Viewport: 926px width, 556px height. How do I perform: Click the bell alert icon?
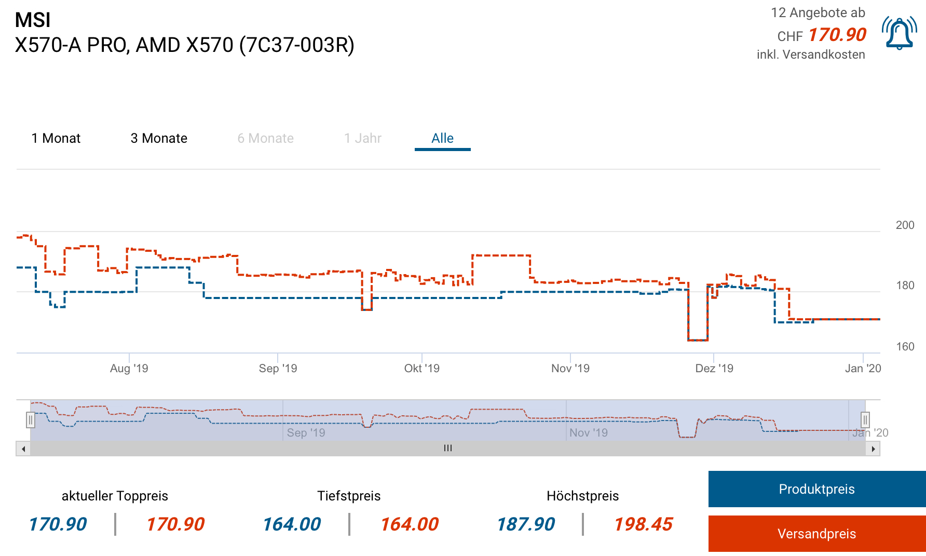pyautogui.click(x=899, y=33)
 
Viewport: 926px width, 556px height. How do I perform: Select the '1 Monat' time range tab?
pyautogui.click(x=56, y=139)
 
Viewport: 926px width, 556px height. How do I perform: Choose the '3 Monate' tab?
pyautogui.click(x=159, y=139)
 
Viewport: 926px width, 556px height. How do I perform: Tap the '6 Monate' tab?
pyautogui.click(x=265, y=139)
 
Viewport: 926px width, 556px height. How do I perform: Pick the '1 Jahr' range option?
pyautogui.click(x=362, y=139)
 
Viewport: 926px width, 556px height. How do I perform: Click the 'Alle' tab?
pyautogui.click(x=442, y=139)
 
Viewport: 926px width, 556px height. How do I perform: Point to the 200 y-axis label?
pyautogui.click(x=905, y=225)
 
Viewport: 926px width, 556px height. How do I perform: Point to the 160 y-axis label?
pyautogui.click(x=905, y=347)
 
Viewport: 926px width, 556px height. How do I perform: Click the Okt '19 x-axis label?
pyautogui.click(x=421, y=369)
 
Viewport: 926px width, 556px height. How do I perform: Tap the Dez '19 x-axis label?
pyautogui.click(x=714, y=369)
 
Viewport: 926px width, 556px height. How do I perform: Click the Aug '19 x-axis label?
pyautogui.click(x=129, y=369)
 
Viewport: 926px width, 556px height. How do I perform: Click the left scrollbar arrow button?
pyautogui.click(x=23, y=449)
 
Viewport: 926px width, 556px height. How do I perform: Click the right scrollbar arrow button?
pyautogui.click(x=873, y=449)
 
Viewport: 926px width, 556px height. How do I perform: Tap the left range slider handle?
pyautogui.click(x=31, y=419)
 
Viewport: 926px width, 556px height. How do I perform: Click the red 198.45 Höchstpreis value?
pyautogui.click(x=643, y=524)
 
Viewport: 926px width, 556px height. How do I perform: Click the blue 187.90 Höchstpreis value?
pyautogui.click(x=525, y=524)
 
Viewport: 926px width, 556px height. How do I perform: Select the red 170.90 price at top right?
pyautogui.click(x=837, y=35)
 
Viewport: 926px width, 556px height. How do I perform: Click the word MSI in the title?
pyautogui.click(x=33, y=20)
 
